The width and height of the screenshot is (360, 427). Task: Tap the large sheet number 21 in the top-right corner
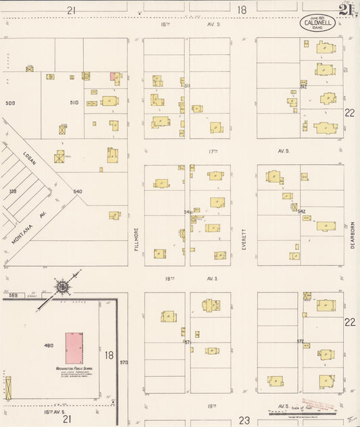point(346,10)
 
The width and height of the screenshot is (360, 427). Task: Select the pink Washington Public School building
point(74,348)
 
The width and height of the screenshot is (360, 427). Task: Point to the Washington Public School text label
point(74,369)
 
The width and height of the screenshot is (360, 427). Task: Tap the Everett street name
point(244,241)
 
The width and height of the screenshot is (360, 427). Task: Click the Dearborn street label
point(353,236)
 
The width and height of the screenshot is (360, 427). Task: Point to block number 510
point(74,103)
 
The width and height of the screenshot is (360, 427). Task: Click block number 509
point(10,103)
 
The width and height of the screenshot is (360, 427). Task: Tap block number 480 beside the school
point(49,345)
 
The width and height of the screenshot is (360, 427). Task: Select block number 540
point(78,191)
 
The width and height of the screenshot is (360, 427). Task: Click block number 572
point(300,341)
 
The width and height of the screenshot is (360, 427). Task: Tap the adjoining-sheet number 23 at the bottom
point(243,420)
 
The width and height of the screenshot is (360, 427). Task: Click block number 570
point(124,363)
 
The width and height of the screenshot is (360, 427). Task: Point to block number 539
point(12,191)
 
